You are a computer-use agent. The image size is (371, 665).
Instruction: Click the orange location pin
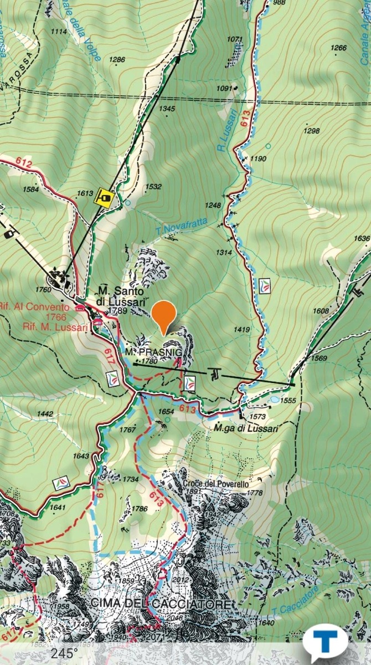tap(164, 316)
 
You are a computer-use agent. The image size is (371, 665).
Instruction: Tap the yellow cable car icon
tap(103, 196)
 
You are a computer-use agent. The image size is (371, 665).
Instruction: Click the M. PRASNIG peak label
tap(146, 352)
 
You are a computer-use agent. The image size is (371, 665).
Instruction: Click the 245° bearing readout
tap(65, 654)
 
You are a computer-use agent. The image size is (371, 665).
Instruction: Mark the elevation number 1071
tap(235, 39)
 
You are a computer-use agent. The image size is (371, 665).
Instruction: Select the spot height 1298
tap(312, 131)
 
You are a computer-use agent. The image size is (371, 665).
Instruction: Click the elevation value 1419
tap(241, 330)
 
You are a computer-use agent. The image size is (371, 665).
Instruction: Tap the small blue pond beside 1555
tap(273, 398)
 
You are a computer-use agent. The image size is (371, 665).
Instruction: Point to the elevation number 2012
tap(181, 580)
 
